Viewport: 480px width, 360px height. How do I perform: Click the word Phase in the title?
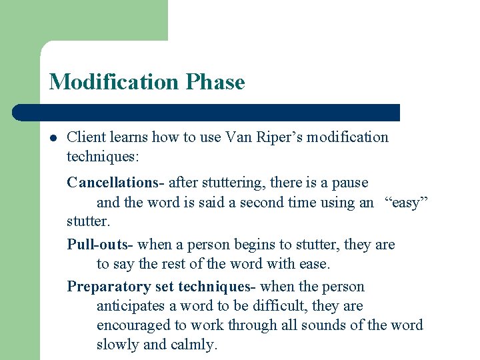(215, 82)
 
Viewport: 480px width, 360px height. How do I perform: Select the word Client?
(87, 137)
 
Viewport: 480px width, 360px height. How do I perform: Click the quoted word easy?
(405, 202)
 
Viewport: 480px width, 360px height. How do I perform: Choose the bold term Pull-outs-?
(100, 245)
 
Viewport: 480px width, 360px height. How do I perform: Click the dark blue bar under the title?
(220, 113)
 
